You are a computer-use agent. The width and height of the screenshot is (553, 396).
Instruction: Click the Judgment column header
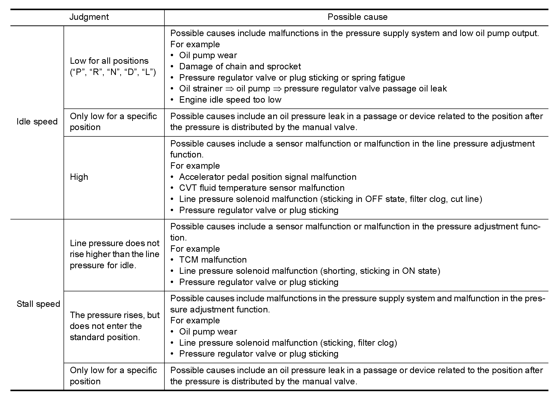(89, 17)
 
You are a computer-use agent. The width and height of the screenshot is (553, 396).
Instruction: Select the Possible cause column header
(357, 17)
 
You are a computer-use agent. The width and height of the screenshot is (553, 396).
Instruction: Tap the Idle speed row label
(37, 122)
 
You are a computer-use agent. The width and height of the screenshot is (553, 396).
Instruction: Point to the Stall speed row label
(38, 304)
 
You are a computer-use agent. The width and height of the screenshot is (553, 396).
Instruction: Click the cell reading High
(79, 177)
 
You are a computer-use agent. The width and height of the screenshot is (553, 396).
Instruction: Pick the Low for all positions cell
(113, 67)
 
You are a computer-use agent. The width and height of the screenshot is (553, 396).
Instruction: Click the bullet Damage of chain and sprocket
(240, 67)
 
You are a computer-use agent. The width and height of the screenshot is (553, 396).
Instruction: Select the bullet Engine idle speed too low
(230, 100)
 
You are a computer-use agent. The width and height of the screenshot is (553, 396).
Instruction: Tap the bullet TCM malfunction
(213, 260)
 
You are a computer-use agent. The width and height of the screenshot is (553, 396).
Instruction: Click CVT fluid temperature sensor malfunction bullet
(262, 188)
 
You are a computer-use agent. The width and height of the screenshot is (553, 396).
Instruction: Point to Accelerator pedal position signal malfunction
(268, 177)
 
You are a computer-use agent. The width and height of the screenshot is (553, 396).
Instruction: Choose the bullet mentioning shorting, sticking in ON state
(309, 271)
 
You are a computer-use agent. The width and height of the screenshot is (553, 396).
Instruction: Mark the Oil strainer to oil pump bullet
(313, 89)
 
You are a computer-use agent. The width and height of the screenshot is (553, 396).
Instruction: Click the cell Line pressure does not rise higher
(114, 254)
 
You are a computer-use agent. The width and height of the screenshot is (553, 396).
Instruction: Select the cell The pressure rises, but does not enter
(114, 326)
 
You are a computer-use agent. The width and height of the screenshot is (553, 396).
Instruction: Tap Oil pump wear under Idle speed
(208, 55)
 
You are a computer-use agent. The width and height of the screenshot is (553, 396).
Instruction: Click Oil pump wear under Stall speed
(208, 332)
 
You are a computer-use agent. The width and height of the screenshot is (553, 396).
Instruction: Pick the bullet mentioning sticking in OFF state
(330, 199)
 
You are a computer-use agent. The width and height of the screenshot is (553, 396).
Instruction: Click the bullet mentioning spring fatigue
(292, 78)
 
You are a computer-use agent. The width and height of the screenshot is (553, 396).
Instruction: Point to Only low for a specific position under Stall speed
(113, 376)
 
